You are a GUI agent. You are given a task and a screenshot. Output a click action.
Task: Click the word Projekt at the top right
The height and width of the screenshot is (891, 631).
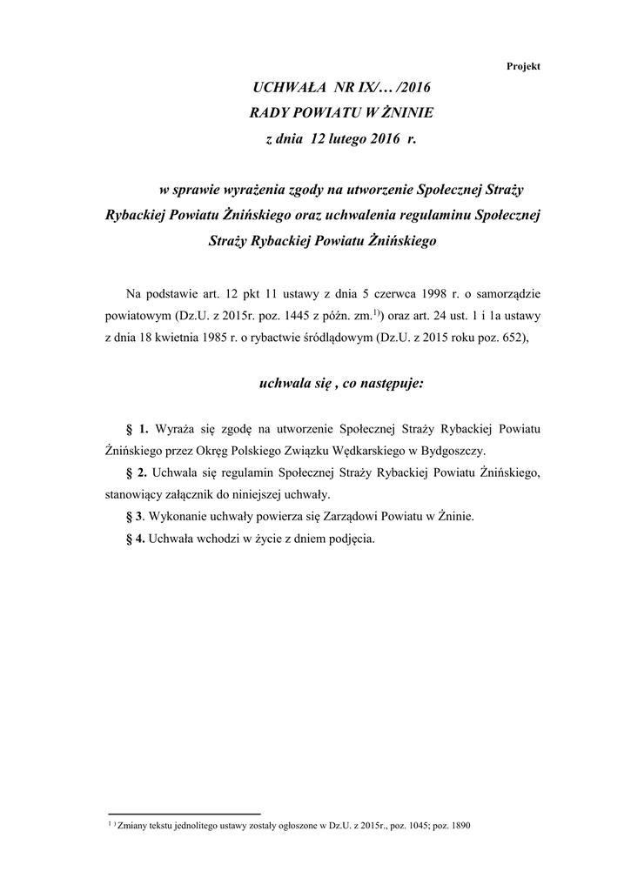click(524, 66)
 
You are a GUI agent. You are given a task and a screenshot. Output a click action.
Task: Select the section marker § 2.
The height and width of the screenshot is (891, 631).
click(138, 473)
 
